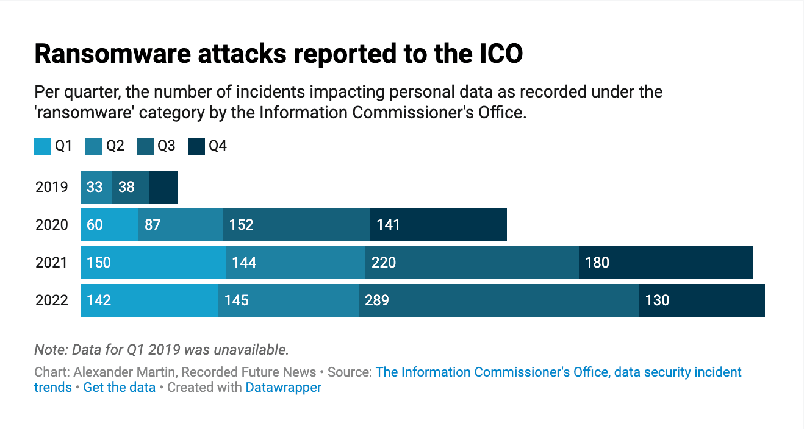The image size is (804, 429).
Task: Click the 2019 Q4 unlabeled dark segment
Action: [163, 186]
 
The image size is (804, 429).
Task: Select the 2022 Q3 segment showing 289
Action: [498, 300]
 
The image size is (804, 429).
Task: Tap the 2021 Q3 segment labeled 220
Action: [472, 263]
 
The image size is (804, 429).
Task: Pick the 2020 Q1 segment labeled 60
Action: [109, 225]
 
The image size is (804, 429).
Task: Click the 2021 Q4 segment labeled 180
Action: [666, 263]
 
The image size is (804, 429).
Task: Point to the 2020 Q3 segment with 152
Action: [296, 225]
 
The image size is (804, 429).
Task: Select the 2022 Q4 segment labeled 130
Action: [702, 300]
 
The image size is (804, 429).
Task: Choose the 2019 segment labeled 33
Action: [96, 186]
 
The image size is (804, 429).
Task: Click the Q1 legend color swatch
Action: [43, 146]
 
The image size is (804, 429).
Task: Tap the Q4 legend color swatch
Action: [196, 146]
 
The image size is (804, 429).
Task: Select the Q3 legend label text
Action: [167, 146]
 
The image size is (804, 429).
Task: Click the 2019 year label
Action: [52, 186]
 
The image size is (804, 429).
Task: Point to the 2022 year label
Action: [52, 300]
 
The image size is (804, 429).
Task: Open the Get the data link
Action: [119, 388]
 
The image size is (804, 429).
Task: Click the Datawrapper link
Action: [283, 388]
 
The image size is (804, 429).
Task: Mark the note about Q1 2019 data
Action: [162, 350]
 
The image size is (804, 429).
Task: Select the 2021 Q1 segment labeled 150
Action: [153, 263]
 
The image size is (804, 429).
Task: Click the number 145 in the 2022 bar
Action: [237, 300]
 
